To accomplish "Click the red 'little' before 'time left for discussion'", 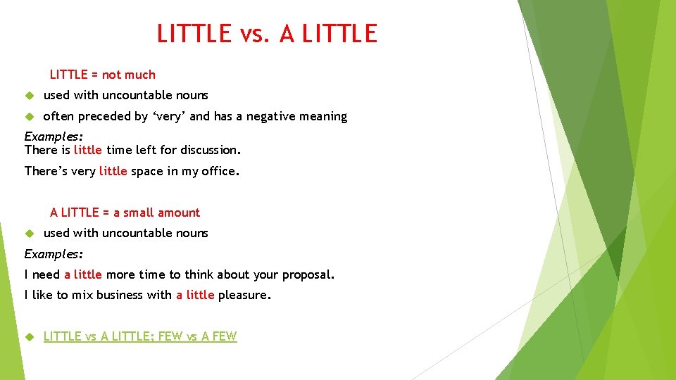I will pos(88,150).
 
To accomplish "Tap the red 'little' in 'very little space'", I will pos(113,171).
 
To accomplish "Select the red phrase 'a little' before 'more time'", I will pos(83,274).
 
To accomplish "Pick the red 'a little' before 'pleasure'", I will pos(195,296).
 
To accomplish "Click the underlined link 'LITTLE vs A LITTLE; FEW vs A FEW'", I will pos(140,336).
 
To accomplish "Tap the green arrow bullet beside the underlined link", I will pos(29,337).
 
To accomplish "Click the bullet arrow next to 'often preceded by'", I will pos(29,117).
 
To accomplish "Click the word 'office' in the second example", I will pos(218,171).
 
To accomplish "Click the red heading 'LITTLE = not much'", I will pos(103,75).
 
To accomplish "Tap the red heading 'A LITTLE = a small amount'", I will pos(125,213).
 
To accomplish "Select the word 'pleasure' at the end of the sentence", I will pos(243,296).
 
